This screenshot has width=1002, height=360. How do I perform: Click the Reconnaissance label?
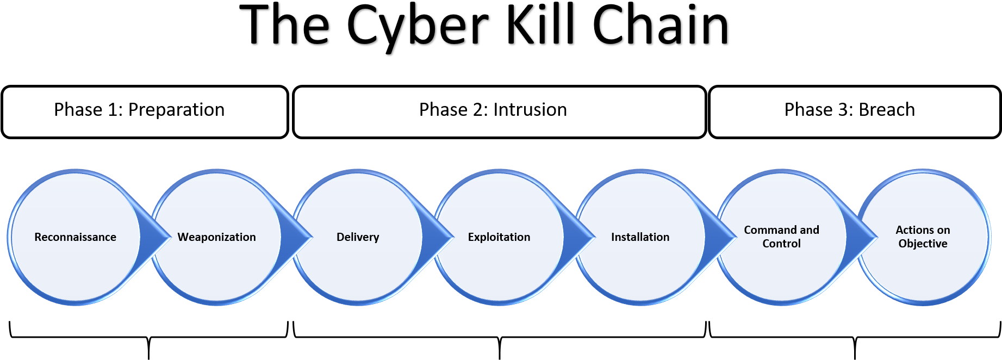click(75, 237)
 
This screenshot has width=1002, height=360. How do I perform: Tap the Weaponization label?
click(216, 237)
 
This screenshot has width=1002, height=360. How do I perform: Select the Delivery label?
click(358, 237)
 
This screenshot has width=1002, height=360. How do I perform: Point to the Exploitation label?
click(499, 237)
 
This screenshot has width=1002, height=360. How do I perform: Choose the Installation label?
click(640, 237)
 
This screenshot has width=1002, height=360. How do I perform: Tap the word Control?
click(781, 244)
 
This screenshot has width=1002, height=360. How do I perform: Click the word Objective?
click(923, 244)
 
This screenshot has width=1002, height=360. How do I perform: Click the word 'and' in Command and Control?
click(810, 230)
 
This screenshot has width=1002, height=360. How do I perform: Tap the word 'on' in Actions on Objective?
click(943, 230)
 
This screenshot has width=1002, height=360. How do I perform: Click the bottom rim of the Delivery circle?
click(358, 302)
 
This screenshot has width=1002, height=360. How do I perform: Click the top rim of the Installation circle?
click(640, 171)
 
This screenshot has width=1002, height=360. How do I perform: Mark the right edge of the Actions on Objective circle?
click(989, 237)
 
